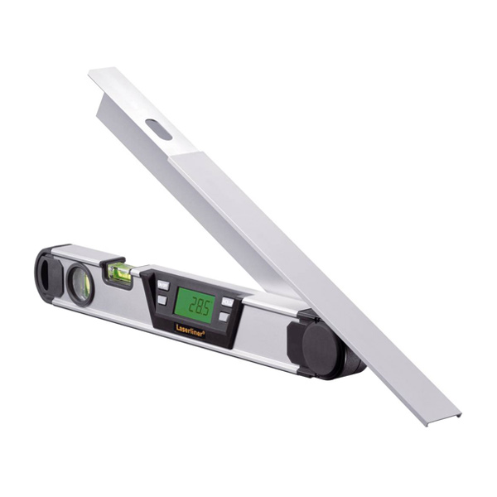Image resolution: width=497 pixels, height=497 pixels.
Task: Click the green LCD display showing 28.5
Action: click(195, 305)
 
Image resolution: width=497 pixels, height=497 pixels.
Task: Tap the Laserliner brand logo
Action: click(190, 331)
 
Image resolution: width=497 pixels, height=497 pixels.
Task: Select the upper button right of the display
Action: click(227, 302)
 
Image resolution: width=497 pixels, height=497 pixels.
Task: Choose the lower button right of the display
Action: click(224, 316)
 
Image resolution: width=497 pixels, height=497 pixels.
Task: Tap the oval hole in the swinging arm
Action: click(158, 129)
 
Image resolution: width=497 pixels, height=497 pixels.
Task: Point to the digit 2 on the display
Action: click(192, 306)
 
